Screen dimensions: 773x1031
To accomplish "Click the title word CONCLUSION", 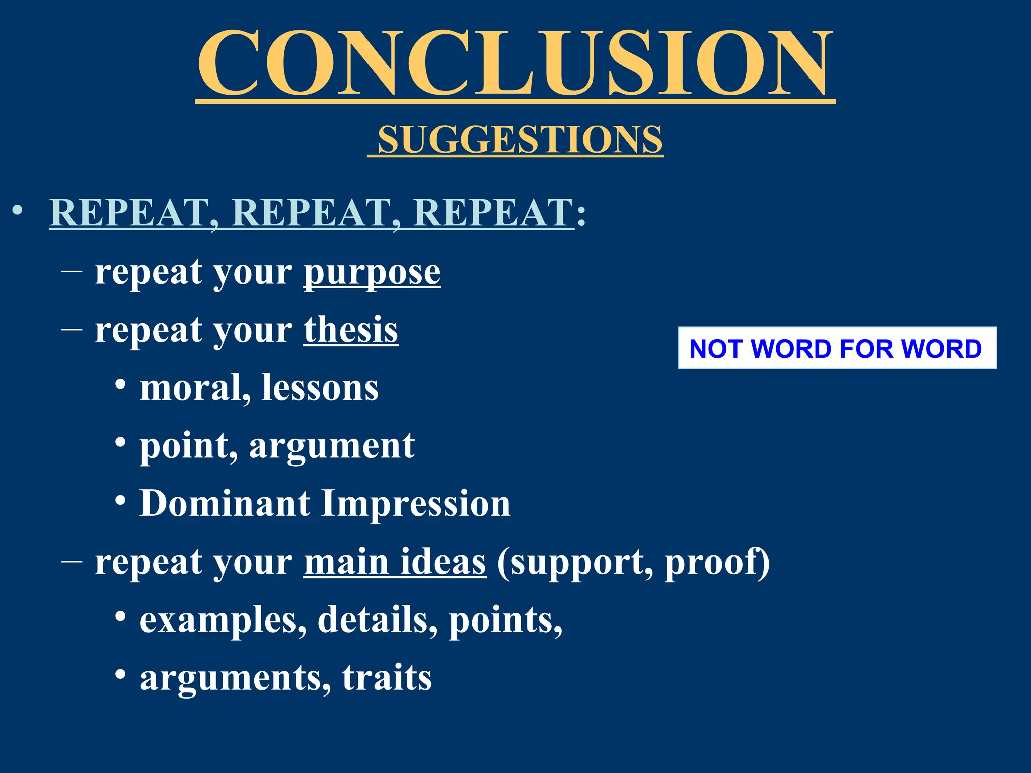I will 515,63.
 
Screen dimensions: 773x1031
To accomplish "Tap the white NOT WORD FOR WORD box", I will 837,348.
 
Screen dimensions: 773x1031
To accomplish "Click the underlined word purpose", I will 372,273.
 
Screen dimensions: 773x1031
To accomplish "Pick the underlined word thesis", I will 351,330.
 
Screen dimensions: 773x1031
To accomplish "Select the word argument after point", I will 332,446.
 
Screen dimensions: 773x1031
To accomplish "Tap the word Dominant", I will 225,503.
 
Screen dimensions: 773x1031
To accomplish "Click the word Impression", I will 416,504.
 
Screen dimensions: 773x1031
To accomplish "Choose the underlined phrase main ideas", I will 395,562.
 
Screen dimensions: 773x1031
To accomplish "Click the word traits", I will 387,677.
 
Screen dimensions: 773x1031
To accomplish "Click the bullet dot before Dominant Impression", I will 120,500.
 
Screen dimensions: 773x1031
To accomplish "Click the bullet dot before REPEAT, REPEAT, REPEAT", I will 18,211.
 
